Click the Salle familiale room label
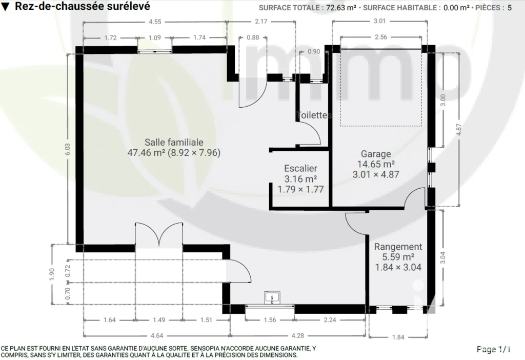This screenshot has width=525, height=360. [x=174, y=142]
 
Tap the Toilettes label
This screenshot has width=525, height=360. [x=314, y=115]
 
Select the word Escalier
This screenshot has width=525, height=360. [x=300, y=168]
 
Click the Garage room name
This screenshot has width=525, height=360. [x=376, y=154]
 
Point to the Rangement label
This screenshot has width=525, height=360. [x=398, y=247]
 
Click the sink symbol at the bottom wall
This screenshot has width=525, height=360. [x=272, y=298]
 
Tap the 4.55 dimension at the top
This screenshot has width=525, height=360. [x=155, y=22]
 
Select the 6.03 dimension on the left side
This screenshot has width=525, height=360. [x=68, y=149]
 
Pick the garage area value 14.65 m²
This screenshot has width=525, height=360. [x=376, y=164]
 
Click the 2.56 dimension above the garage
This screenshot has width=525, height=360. [x=381, y=37]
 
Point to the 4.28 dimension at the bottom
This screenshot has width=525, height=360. [x=298, y=335]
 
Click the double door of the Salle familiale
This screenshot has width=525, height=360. [x=159, y=234]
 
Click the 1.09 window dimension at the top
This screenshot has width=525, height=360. [x=155, y=38]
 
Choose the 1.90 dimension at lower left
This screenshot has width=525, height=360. [x=52, y=274]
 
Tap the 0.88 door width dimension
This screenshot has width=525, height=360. [x=253, y=37]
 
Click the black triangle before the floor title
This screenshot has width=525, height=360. [x=6, y=7]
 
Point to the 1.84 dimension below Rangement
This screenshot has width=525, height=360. [x=398, y=337]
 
